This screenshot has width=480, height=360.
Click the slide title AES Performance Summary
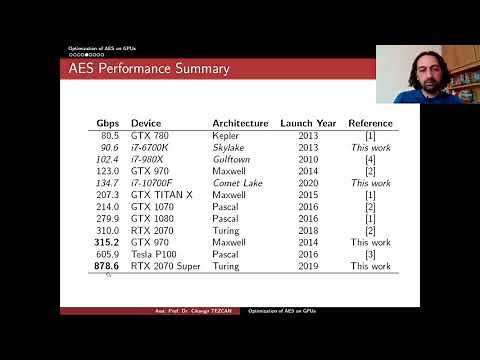pos(149,69)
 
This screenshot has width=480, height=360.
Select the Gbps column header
pos(108,123)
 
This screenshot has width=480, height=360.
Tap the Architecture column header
pos(240,123)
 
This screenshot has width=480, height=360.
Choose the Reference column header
pos(370,123)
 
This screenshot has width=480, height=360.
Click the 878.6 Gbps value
pos(107,266)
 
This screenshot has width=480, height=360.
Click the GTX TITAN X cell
pos(161,194)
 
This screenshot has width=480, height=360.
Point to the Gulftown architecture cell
pos(232,159)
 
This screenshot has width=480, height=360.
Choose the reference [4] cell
pos(370,159)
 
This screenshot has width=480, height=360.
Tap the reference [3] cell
pos(370,255)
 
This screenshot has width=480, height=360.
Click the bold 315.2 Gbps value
pos(106,242)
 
